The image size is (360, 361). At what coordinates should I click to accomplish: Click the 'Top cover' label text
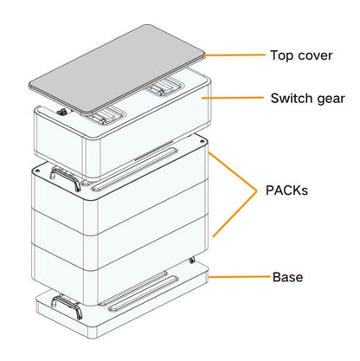302,55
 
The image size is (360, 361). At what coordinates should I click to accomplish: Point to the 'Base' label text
286,277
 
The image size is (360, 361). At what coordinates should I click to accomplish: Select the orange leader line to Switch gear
234,100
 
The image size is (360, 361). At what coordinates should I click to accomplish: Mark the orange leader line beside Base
237,278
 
